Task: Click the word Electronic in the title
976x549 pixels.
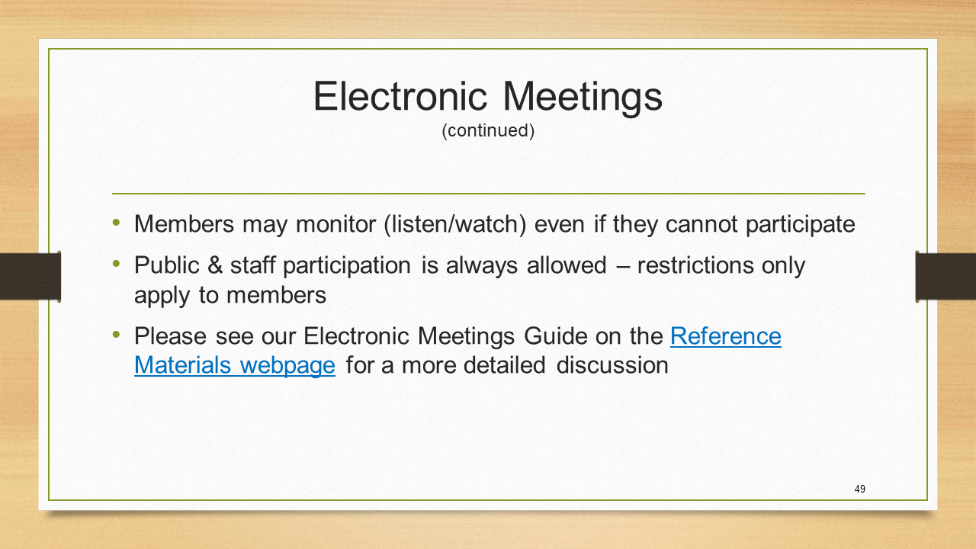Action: tap(400, 96)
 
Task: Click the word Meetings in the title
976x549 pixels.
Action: tap(583, 98)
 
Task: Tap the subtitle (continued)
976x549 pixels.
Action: tap(488, 130)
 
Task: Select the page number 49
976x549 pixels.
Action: tap(859, 489)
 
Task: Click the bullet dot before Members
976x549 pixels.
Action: tap(116, 223)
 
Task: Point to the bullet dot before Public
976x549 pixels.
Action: tap(116, 264)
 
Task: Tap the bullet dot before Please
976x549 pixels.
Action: tap(116, 335)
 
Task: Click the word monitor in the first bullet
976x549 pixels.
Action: tap(335, 224)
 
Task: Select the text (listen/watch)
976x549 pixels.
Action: tap(455, 224)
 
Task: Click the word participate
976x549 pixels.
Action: tap(801, 225)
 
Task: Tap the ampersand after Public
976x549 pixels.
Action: tap(215, 265)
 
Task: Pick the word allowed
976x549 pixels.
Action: tap(567, 265)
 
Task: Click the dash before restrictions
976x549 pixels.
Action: tap(621, 267)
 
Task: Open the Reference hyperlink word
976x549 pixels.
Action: tap(726, 336)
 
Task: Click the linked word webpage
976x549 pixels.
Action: tap(287, 366)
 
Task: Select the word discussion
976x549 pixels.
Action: tap(612, 365)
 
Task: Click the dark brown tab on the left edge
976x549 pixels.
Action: tap(30, 276)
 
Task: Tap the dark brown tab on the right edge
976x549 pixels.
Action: tap(945, 276)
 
